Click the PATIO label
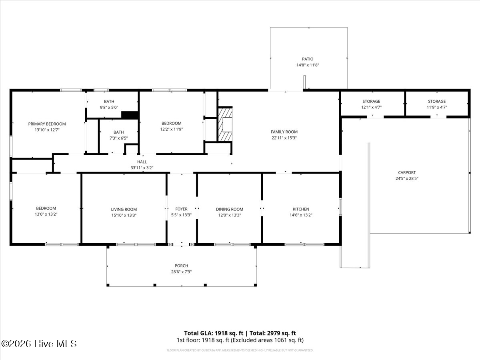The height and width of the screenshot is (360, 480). (x=308, y=59)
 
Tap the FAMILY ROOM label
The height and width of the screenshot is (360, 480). (x=284, y=132)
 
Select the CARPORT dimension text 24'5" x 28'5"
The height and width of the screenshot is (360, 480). (x=407, y=178)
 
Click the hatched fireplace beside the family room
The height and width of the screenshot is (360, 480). (x=225, y=124)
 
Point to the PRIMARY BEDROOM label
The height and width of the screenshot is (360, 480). (x=47, y=124)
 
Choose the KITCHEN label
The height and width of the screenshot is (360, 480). (x=301, y=209)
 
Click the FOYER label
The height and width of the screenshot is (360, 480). (x=181, y=209)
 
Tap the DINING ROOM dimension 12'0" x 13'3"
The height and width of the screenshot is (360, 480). (x=229, y=215)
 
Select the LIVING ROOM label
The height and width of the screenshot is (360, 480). (x=124, y=209)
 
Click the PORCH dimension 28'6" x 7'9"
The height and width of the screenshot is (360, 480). (x=181, y=272)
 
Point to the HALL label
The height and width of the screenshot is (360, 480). (x=142, y=162)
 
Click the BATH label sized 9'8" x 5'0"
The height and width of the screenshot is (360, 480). (x=109, y=102)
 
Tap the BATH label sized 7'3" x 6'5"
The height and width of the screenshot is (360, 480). (x=118, y=132)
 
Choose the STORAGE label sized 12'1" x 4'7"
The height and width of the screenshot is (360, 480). (x=371, y=102)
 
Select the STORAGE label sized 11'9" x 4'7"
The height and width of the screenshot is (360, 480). (x=437, y=102)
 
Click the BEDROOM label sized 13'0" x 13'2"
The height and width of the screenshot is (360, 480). (x=46, y=208)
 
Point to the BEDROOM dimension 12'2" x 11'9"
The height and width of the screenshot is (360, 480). (x=172, y=129)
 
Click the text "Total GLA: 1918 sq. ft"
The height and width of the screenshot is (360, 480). (x=214, y=333)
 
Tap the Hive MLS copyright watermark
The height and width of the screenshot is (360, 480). (x=39, y=344)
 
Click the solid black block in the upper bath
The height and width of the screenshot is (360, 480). (x=130, y=115)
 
